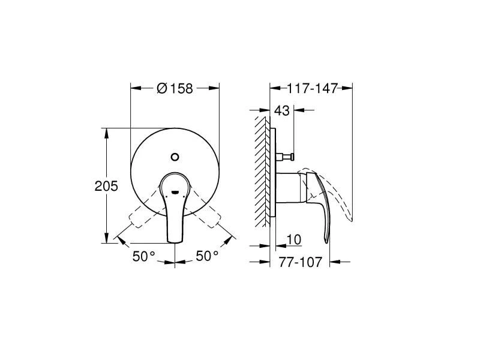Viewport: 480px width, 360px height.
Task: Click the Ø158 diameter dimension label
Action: coord(175,88)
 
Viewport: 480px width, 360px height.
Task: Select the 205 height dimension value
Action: coord(106,185)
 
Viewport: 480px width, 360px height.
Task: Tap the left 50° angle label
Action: coord(143,256)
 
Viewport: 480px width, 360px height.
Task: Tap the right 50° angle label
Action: coord(207,256)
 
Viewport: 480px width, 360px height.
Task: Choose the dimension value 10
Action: coord(294,239)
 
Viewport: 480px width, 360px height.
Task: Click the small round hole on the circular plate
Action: coord(175,157)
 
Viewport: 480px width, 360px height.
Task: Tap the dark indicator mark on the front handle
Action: coord(175,192)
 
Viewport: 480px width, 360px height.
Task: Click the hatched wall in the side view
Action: coord(262,171)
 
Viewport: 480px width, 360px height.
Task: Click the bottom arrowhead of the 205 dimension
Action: coord(106,239)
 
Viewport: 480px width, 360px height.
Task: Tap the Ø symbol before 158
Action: coord(161,88)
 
